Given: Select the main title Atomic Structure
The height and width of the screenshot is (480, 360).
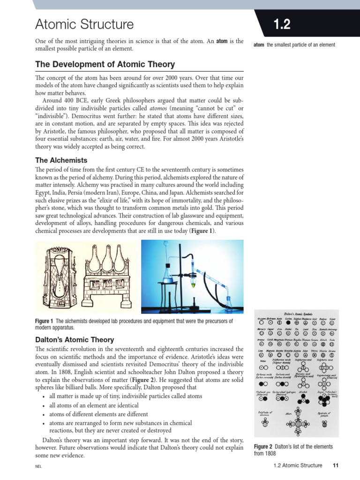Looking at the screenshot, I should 84,24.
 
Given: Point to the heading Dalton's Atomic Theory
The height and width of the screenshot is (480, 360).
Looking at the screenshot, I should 75,339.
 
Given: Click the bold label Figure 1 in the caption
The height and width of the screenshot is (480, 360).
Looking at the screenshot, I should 45,321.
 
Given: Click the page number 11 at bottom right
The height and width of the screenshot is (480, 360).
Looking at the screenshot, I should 335,465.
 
